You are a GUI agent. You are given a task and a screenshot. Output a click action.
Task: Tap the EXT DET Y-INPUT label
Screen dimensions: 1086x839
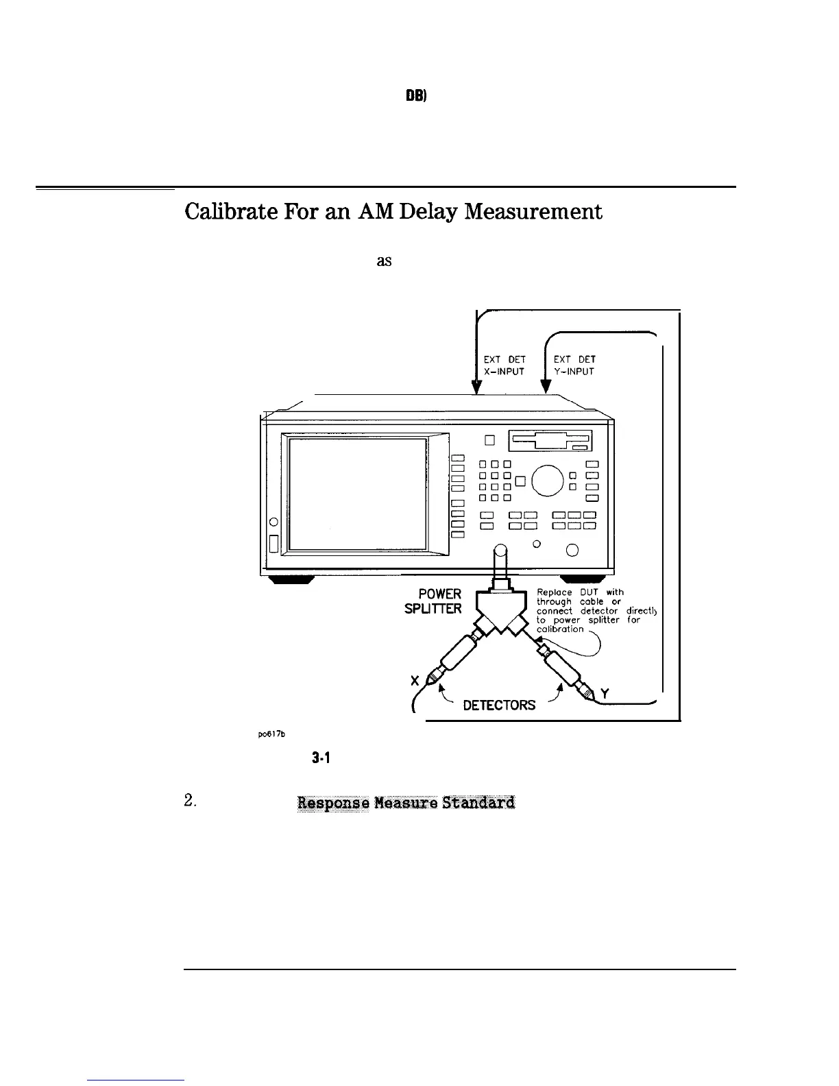click(x=574, y=365)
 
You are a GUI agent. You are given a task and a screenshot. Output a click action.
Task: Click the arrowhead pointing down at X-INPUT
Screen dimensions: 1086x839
click(x=478, y=387)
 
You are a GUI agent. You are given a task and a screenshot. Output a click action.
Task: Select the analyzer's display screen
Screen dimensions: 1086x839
click(x=357, y=493)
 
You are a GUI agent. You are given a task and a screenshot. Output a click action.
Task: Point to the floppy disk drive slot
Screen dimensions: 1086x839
click(x=550, y=440)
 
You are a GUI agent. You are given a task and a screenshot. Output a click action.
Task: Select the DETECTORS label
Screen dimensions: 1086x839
click(x=500, y=705)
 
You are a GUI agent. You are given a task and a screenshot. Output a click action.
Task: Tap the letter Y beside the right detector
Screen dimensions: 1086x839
click(x=605, y=694)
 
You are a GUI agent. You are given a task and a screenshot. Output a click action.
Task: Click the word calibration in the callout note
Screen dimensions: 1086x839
click(x=560, y=629)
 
